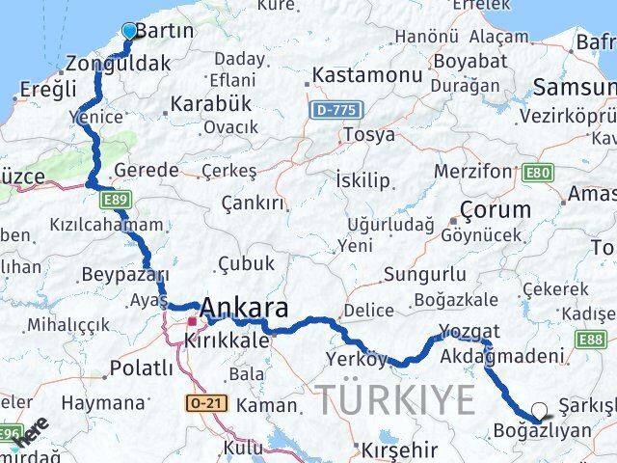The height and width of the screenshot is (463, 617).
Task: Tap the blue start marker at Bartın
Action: [130, 30]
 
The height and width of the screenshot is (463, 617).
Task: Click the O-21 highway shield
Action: [207, 402]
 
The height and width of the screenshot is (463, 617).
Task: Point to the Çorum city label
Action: [496, 209]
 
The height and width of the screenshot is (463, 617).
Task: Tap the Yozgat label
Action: [469, 332]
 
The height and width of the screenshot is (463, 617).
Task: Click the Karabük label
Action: [210, 102]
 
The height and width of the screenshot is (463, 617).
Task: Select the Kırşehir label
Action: [398, 449]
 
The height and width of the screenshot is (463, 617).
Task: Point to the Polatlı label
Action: [142, 368]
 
